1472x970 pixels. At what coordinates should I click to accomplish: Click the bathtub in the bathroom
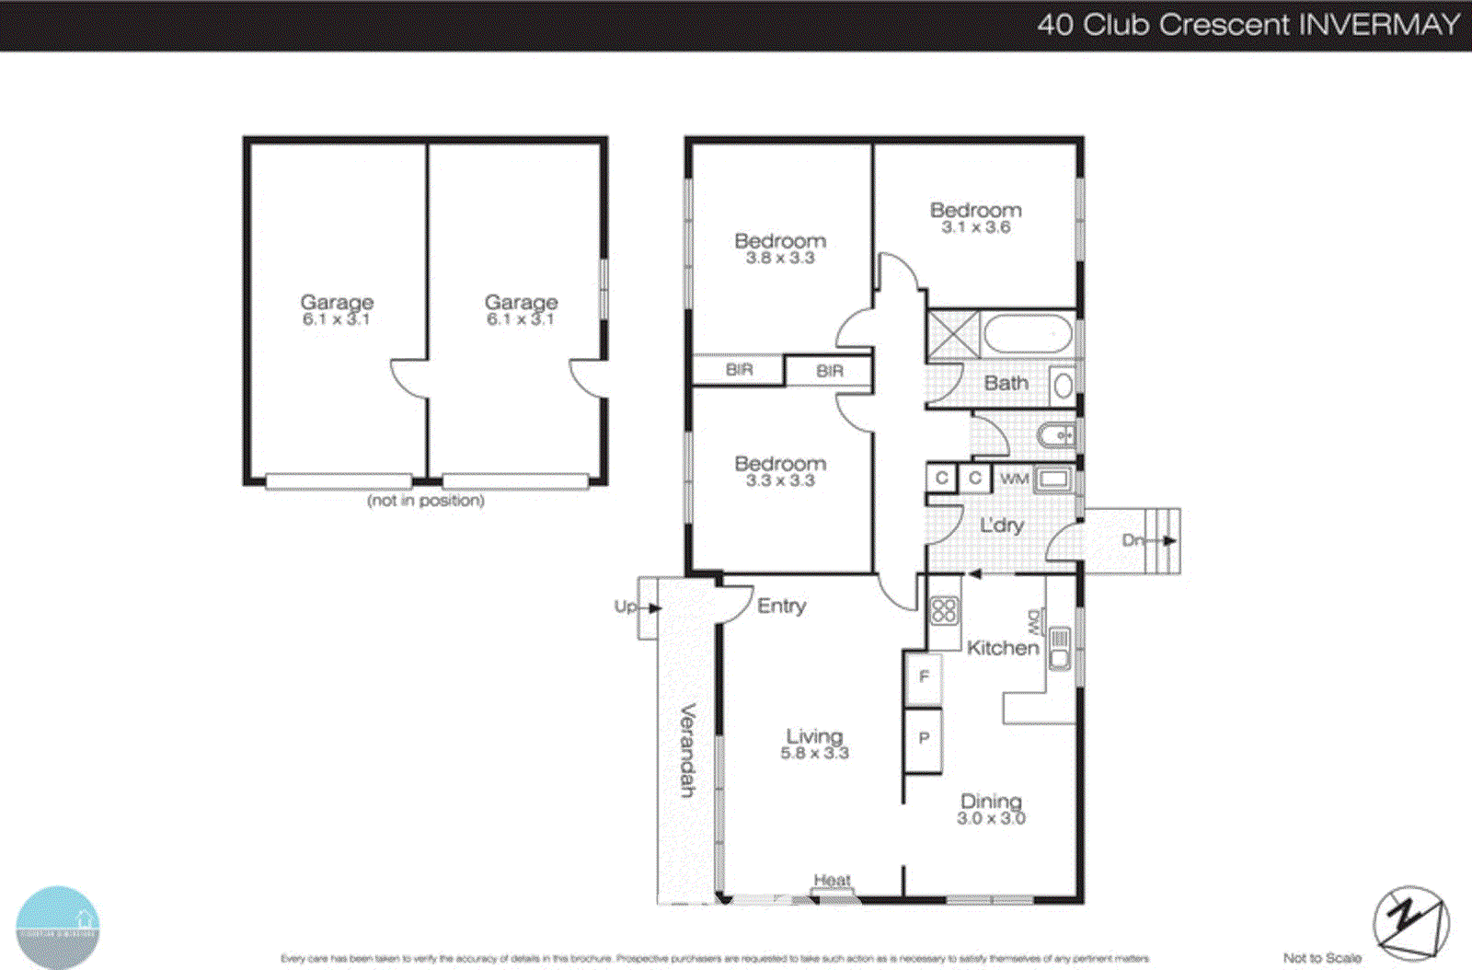pos(1028,334)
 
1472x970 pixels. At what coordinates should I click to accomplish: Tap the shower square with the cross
pos(953,334)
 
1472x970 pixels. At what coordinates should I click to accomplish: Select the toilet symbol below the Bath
pos(1056,434)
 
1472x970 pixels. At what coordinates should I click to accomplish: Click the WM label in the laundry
pos(1014,479)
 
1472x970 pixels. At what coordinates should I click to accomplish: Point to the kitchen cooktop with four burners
pos(945,611)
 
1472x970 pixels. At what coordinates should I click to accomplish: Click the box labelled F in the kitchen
pos(924,677)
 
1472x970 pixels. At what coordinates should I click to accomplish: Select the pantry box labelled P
pos(924,738)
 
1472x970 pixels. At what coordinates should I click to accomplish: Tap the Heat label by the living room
pos(832,880)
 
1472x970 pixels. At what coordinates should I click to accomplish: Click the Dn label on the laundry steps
pos(1133,540)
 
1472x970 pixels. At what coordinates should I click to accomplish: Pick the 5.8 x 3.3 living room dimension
pos(814,753)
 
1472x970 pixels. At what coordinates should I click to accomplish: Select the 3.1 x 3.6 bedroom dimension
pos(975,227)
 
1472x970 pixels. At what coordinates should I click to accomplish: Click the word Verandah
pos(687,750)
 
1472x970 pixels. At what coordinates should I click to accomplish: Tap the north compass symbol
pos(1410,922)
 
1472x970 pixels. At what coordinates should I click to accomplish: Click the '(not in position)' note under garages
pos(425,501)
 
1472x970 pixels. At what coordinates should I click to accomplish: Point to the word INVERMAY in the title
pos(1380,24)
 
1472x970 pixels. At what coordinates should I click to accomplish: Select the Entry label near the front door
pos(781,606)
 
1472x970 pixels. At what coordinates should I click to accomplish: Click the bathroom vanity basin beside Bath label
pos(1063,385)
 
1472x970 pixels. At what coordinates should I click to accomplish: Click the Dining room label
pos(991,801)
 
